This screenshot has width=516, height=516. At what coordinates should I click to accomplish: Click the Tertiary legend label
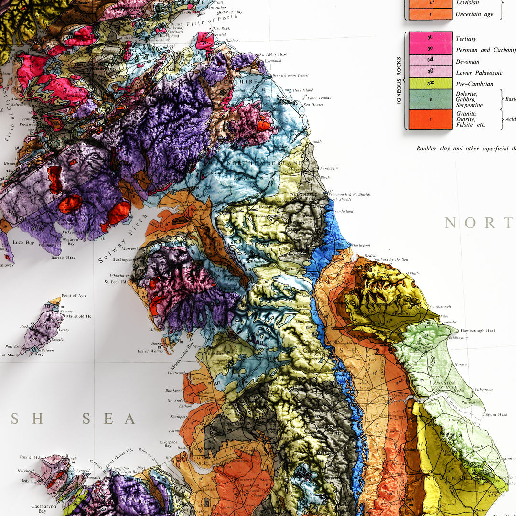(466, 39)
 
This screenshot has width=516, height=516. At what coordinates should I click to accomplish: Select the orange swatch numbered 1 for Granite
(430, 119)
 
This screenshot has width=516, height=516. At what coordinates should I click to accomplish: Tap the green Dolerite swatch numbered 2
(430, 99)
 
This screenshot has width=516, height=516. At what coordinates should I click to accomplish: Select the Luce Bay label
(24, 243)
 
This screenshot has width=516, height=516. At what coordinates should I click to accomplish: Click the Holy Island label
(303, 90)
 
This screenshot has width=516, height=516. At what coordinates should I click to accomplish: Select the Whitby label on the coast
(414, 273)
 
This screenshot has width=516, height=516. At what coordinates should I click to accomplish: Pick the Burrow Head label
(64, 258)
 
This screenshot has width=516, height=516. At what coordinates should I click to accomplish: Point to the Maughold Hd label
(79, 316)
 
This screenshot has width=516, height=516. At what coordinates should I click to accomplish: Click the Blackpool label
(174, 390)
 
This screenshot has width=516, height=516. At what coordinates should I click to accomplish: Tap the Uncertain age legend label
(474, 14)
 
